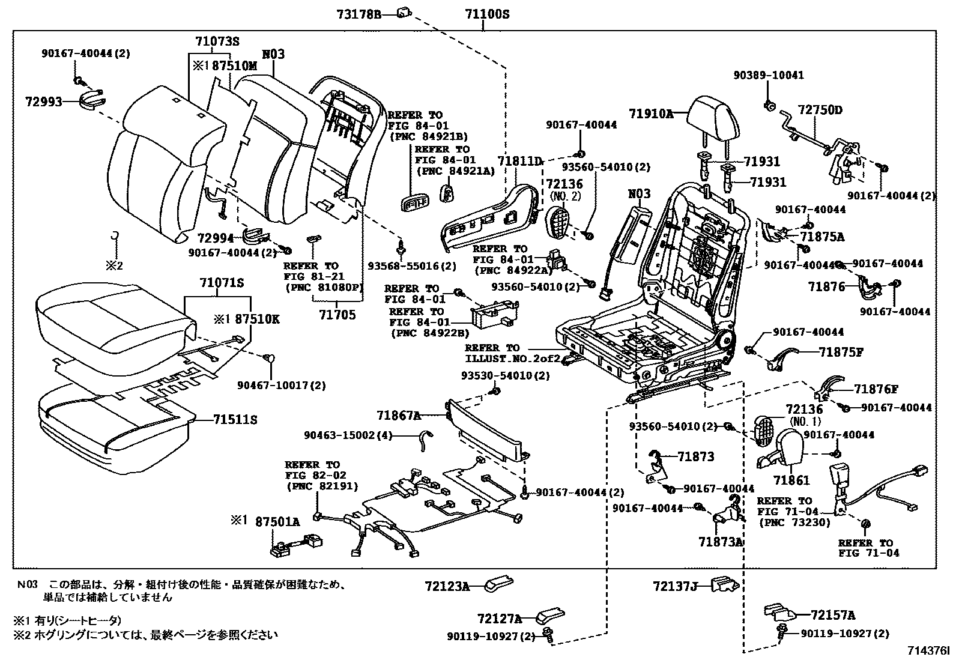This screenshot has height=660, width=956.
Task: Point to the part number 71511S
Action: pyautogui.click(x=235, y=420)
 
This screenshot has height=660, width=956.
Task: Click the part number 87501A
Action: pyautogui.click(x=277, y=522)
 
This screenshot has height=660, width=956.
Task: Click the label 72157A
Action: pyautogui.click(x=833, y=615)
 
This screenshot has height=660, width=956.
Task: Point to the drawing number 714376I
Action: pyautogui.click(x=929, y=650)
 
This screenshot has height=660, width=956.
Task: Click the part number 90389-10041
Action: pyautogui.click(x=769, y=76)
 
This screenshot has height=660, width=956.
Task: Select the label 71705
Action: pyautogui.click(x=337, y=315)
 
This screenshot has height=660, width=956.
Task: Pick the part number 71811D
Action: pyautogui.click(x=520, y=161)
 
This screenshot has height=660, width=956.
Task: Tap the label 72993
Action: pyautogui.click(x=43, y=101)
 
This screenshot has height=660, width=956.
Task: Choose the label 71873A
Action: pyautogui.click(x=721, y=541)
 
